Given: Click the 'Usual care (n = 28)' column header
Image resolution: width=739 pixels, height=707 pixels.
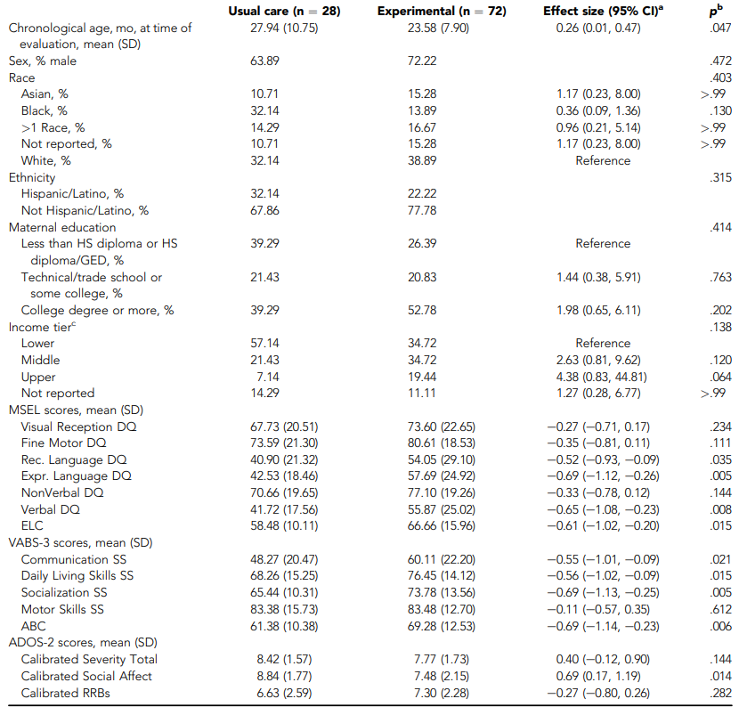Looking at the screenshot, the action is tap(284, 12).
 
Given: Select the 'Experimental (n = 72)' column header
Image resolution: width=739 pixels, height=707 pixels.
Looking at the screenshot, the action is tap(442, 12).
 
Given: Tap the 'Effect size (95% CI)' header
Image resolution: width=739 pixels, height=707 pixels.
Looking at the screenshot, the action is tap(603, 11).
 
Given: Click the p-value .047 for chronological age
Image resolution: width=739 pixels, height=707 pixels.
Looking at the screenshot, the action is tap(720, 28).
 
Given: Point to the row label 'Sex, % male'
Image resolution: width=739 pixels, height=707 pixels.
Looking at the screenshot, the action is tap(43, 61).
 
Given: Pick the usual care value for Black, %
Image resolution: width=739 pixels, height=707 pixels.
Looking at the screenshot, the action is tap(264, 110).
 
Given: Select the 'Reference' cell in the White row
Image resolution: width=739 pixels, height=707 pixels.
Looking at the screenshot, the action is tap(603, 161).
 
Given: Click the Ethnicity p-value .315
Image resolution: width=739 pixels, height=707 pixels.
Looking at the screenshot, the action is tap(720, 177).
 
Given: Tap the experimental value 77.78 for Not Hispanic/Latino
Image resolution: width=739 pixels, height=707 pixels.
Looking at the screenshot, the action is tap(422, 210).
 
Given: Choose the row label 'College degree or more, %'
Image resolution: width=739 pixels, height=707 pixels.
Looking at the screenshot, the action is tap(98, 310).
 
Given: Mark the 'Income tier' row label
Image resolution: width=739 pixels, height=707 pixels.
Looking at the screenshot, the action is tap(42, 327).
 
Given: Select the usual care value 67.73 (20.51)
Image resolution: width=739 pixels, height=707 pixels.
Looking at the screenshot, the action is tap(284, 427).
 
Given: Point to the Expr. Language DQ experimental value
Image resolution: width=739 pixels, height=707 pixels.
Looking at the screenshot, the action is tap(442, 476).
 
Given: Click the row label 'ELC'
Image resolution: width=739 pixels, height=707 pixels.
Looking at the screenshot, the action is tap(32, 526).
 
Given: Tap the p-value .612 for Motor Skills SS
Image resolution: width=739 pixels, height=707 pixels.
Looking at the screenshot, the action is tap(720, 609).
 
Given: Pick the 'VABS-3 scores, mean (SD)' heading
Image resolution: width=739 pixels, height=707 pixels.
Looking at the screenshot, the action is tap(81, 542).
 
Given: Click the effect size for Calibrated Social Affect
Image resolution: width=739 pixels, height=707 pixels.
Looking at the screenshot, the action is tap(598, 676).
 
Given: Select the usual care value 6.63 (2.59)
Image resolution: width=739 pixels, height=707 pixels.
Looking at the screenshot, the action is tap(284, 693).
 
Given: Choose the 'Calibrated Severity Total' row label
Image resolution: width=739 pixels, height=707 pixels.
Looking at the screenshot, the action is tap(89, 659).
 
